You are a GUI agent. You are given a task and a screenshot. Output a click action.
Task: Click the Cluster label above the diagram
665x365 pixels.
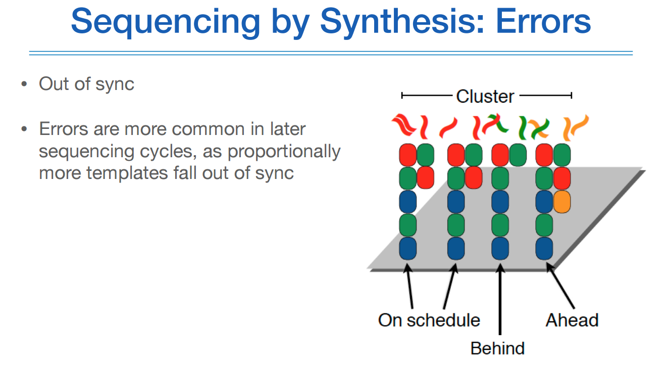click(x=485, y=96)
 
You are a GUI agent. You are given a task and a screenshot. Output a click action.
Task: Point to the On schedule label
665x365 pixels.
click(x=429, y=320)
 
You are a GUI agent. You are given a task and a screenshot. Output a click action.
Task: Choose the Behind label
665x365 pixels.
click(x=497, y=348)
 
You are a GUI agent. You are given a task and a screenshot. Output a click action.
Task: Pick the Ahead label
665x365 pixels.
click(x=572, y=320)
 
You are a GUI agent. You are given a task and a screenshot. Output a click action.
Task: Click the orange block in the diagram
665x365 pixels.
click(x=561, y=202)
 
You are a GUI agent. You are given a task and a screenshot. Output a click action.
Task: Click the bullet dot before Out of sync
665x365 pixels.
click(x=24, y=84)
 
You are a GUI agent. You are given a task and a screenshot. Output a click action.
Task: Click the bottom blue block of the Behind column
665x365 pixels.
click(x=500, y=248)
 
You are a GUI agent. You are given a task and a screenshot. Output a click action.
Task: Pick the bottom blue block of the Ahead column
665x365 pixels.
click(x=544, y=248)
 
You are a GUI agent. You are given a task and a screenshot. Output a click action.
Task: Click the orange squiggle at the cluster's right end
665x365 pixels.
click(x=576, y=127)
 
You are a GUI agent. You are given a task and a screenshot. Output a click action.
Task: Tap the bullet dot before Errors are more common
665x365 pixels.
click(x=24, y=129)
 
